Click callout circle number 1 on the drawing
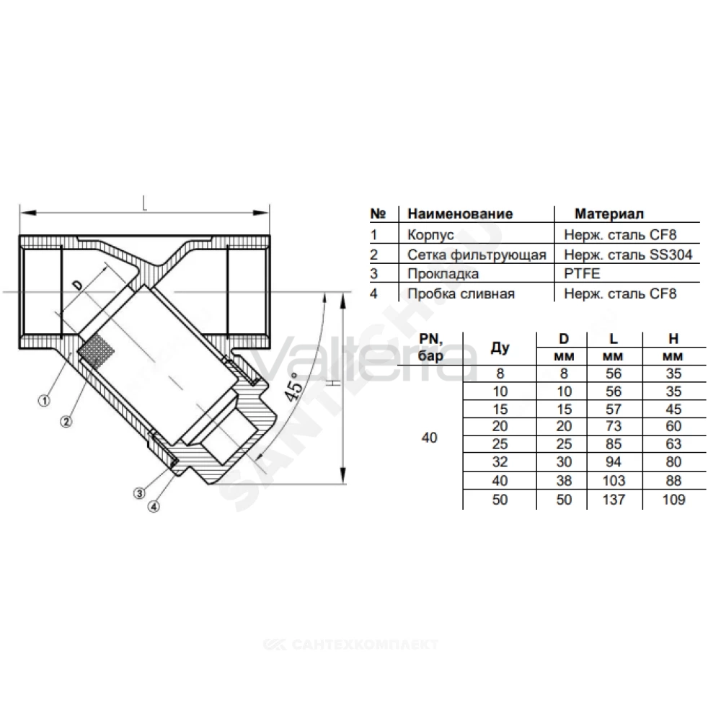44,401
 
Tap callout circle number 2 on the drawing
66,421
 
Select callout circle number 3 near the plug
139,493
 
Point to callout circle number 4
154,507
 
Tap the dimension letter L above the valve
145,203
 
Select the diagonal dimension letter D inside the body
79,286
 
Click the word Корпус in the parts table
430,235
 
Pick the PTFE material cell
582,273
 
